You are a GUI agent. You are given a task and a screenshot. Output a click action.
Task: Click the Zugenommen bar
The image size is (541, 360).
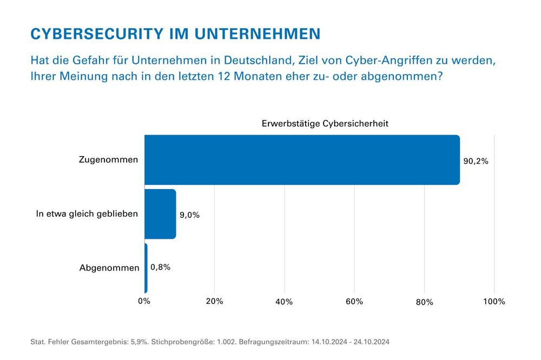tap(302, 160)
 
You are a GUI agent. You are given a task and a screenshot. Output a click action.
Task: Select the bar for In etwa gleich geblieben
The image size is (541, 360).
tap(160, 214)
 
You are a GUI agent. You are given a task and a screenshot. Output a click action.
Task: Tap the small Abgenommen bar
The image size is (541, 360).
tap(146, 268)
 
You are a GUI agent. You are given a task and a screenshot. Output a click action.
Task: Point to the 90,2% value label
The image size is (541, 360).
tap(476, 161)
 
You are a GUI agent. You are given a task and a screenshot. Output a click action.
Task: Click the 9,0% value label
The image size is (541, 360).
tap(189, 215)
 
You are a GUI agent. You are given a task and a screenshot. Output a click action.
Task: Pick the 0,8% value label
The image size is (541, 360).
tap(160, 266)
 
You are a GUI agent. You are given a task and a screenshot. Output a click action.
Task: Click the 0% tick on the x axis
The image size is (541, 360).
tap(144, 302)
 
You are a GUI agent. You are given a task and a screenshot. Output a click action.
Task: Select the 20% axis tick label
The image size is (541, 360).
tap(214, 302)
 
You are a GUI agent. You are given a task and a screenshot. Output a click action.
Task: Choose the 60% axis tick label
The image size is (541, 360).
tap(354, 302)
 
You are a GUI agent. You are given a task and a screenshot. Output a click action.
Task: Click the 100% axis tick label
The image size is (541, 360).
tap(493, 302)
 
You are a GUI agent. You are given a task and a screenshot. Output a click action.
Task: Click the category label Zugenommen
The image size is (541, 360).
tap(108, 160)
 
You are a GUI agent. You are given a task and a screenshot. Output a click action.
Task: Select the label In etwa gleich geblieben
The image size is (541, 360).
tap(87, 214)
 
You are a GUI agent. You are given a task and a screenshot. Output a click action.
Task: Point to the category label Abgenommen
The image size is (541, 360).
tap(109, 268)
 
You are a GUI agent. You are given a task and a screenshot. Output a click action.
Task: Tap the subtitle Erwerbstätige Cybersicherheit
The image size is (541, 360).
tap(325, 124)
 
